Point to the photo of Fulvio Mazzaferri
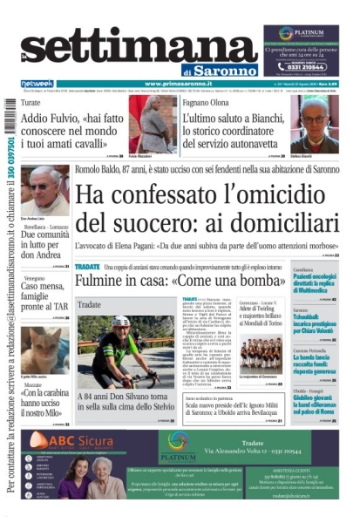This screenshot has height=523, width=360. point(140,120)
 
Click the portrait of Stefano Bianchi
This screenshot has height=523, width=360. point(319,123)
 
